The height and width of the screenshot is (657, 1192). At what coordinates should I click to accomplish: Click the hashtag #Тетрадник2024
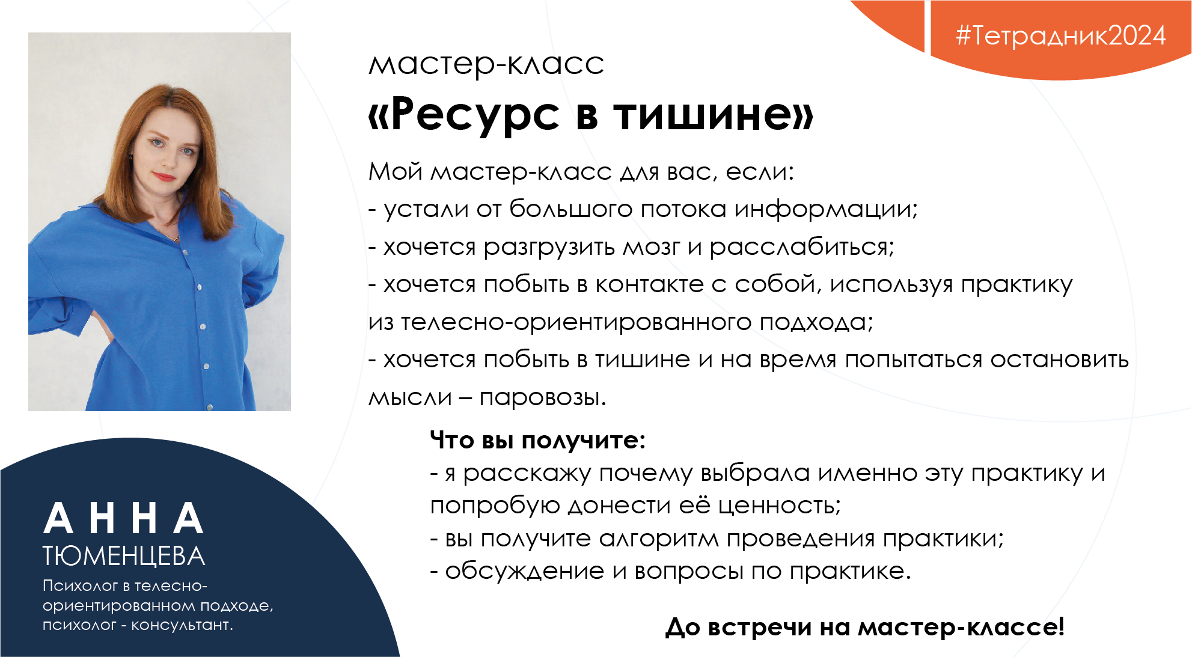point(1061,35)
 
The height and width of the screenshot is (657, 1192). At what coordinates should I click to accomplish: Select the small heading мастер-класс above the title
point(486,64)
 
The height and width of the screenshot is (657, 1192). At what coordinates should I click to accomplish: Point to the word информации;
point(826,209)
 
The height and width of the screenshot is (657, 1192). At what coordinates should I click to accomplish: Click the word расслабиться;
point(802,247)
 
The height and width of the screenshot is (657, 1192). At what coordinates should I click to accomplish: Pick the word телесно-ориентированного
point(576,323)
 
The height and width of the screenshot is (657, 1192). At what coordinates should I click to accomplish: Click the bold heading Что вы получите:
point(537,441)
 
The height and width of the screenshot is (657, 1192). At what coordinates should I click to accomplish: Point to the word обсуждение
point(525,571)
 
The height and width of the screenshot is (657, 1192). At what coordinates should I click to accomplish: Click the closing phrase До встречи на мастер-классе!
point(865,627)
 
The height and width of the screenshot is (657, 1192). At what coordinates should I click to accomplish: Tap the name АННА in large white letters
point(124,519)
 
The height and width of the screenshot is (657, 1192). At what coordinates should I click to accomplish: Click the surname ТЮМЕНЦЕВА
point(124,557)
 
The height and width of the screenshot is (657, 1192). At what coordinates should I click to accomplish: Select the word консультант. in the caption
point(182,625)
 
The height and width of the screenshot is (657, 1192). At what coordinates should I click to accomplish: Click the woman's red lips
point(163,176)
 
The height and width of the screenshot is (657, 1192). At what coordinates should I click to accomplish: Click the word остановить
point(1060,360)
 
